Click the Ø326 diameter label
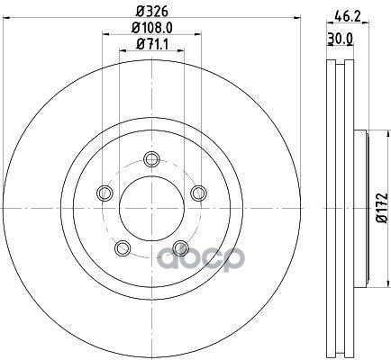[151, 11]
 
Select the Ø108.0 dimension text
[152, 28]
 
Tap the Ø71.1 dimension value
[151, 45]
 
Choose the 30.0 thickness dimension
[340, 39]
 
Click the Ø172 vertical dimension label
[383, 208]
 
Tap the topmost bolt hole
[151, 159]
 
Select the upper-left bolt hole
[105, 193]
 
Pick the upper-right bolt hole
[198, 193]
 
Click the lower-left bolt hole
[123, 247]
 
